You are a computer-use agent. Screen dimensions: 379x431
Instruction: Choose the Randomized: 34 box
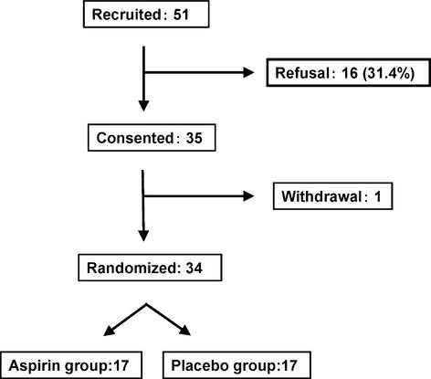(142, 268)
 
